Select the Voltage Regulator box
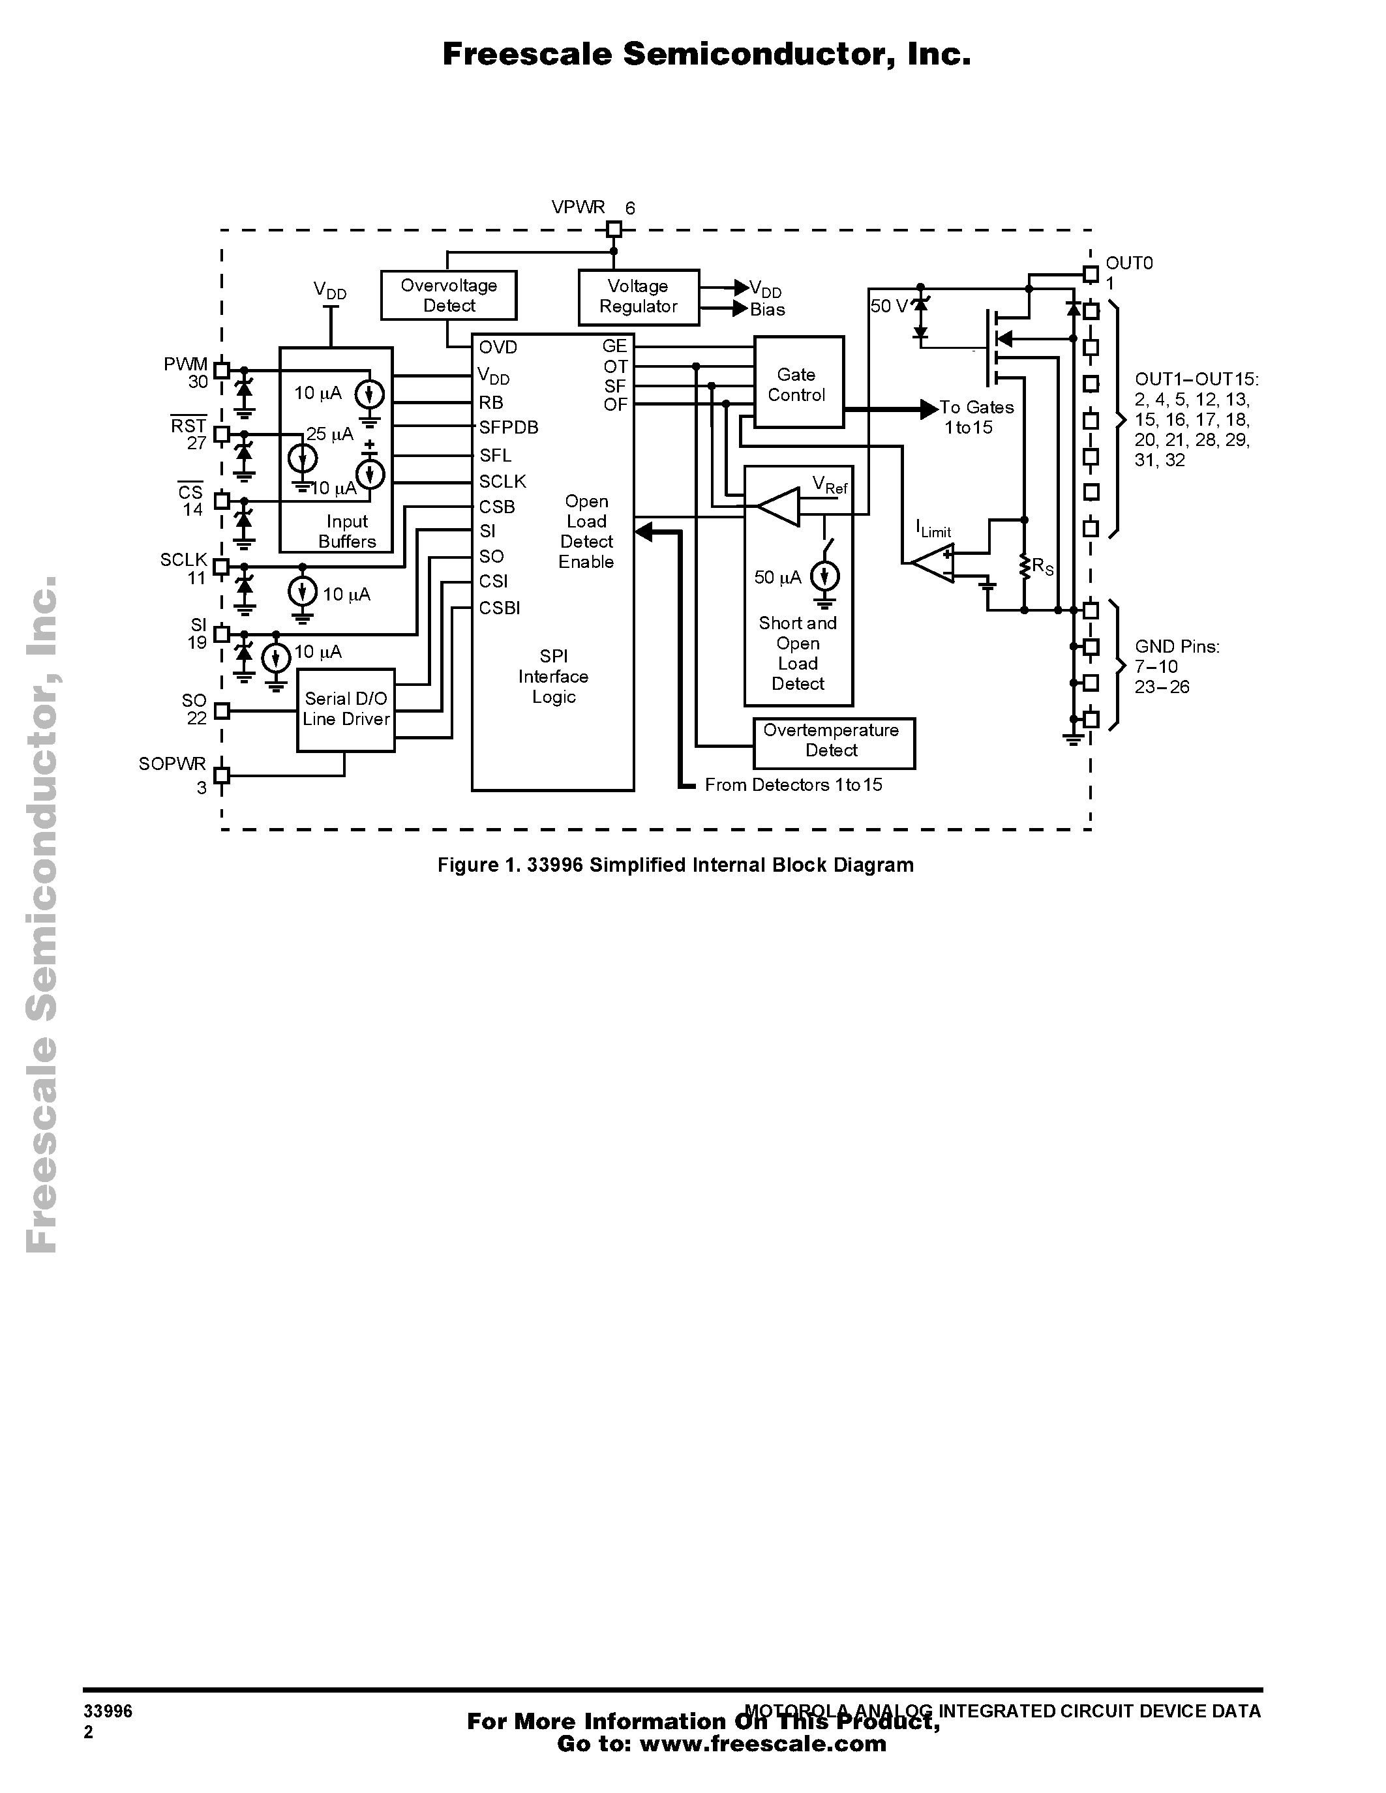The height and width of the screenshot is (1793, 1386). tap(639, 297)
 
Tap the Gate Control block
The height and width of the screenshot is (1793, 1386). tap(798, 383)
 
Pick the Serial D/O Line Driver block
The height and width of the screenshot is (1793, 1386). tap(346, 710)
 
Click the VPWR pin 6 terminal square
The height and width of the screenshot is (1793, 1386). tap(613, 229)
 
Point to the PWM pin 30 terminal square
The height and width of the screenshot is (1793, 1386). tap(221, 370)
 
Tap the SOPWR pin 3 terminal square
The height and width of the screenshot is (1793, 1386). tap(221, 774)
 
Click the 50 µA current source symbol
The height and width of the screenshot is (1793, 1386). tap(825, 577)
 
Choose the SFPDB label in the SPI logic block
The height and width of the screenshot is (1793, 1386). tap(508, 428)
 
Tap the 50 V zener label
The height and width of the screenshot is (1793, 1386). tap(888, 306)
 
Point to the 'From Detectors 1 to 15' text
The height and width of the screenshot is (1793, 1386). tap(793, 785)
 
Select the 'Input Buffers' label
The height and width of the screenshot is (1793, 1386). tap(348, 531)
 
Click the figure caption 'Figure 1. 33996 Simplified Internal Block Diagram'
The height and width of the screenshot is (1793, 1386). tap(675, 865)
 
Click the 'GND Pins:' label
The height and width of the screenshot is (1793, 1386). tap(1177, 647)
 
